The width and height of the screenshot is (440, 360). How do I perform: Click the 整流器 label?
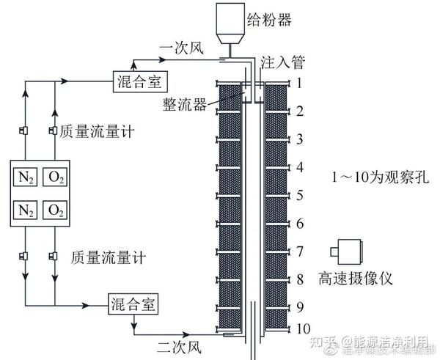point(183,105)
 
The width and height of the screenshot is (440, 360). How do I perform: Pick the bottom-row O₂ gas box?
point(55,210)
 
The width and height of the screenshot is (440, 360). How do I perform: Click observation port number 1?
point(299,84)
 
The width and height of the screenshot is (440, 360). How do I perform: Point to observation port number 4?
point(299,168)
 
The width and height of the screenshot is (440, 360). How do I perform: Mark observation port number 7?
point(299,251)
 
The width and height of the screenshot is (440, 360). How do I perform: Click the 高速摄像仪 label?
point(357,279)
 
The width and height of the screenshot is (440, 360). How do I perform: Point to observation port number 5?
point(299,196)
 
